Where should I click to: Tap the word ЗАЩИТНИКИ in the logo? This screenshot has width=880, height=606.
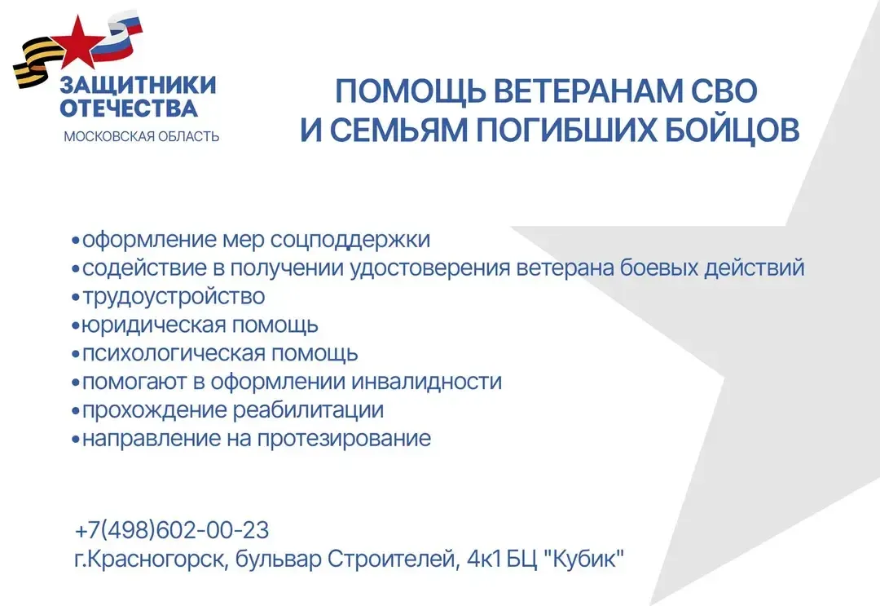[139, 86]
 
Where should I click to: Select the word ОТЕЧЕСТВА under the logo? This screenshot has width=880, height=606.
[129, 108]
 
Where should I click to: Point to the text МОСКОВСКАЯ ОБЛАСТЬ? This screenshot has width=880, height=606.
[141, 136]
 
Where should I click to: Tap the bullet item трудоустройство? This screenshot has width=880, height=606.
[174, 297]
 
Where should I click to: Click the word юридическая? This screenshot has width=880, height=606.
[153, 325]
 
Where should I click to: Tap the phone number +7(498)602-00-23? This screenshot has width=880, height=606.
[172, 530]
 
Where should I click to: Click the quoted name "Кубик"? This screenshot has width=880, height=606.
[585, 559]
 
